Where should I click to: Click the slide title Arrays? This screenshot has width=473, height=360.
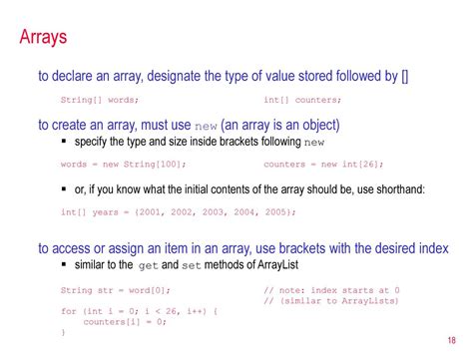coord(44,39)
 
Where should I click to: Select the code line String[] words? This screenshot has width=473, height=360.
coord(100,100)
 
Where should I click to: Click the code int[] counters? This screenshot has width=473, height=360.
coord(302,100)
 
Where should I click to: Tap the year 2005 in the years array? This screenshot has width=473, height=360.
coord(276,211)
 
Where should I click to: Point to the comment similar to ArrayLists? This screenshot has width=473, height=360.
coord(331,300)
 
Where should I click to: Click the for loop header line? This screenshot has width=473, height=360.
coord(139,311)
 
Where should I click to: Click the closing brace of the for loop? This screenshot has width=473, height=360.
coord(63,333)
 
